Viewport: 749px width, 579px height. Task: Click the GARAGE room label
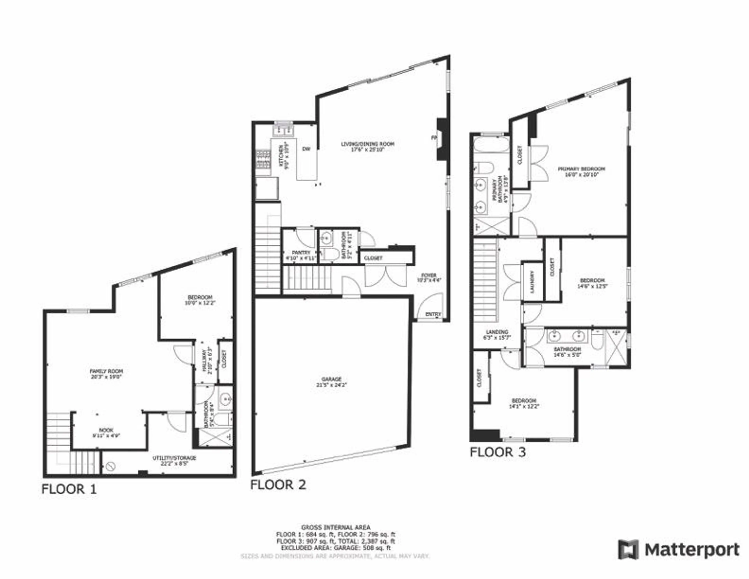[x=331, y=379]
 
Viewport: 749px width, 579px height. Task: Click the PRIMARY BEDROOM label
[x=581, y=169]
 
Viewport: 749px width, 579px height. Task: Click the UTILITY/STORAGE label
[x=174, y=458]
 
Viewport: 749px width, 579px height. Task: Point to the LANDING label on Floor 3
[x=497, y=332]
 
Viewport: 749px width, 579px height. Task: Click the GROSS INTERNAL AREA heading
[x=335, y=527]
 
